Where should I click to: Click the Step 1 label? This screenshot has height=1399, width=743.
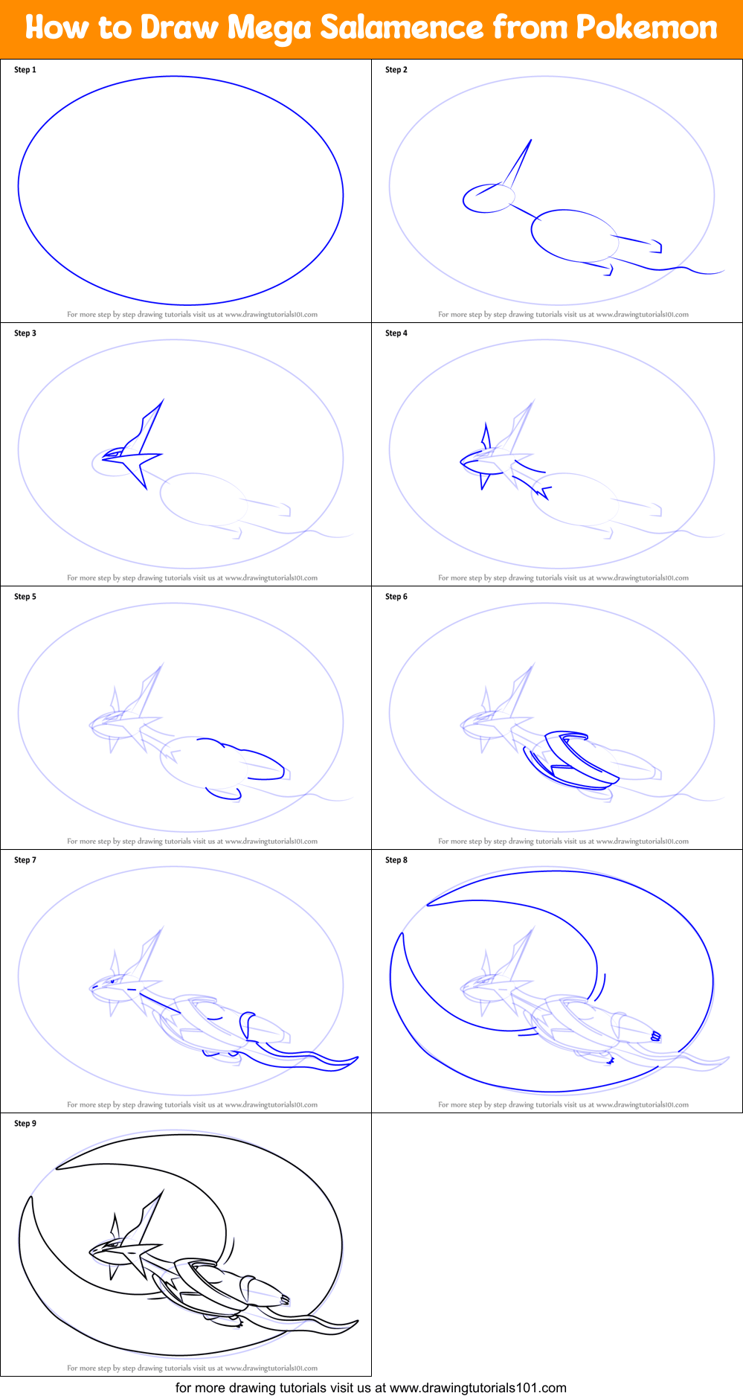tap(25, 70)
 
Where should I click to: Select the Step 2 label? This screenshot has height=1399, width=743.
tap(396, 70)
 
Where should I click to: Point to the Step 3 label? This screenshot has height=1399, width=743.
tap(25, 333)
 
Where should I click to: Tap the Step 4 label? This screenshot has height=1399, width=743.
tap(396, 333)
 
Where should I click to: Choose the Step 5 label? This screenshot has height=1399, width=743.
tap(25, 597)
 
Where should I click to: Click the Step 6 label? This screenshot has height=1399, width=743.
tap(396, 597)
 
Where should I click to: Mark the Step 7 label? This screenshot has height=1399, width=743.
tap(25, 860)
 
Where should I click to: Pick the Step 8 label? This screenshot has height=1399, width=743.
tap(396, 860)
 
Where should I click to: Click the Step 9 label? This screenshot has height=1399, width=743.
tap(25, 1124)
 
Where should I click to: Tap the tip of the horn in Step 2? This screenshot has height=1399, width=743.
tap(531, 139)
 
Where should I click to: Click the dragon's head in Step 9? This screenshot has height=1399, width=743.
tap(112, 1249)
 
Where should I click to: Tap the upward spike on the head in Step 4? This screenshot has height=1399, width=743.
tap(486, 434)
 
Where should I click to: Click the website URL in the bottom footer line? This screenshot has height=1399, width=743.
tap(478, 1388)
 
